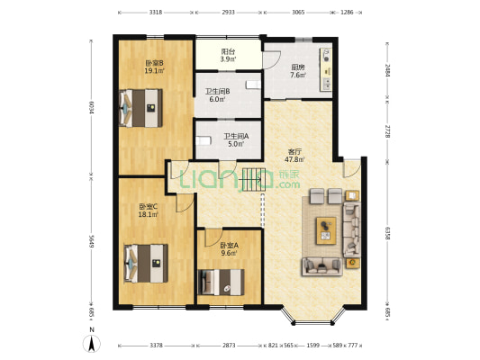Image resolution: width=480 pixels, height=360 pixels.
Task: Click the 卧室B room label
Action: click(154, 67)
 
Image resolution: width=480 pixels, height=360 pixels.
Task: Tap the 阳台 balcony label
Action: click(228, 55)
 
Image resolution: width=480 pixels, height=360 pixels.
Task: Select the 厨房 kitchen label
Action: click(298, 71)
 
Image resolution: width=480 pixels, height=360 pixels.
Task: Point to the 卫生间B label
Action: click(217, 95)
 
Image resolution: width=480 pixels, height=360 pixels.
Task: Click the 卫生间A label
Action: click(236, 139)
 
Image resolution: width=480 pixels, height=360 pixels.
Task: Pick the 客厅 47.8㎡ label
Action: click(294, 156)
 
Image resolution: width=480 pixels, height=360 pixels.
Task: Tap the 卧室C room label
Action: click(149, 211)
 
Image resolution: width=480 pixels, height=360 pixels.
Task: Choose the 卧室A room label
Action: click(230, 249)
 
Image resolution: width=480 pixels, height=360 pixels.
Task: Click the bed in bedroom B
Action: click(140, 108)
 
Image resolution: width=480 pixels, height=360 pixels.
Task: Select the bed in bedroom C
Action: click(146, 263)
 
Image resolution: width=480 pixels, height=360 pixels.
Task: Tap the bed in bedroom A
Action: click(221, 282)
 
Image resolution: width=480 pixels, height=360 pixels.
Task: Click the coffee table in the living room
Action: click(326, 230)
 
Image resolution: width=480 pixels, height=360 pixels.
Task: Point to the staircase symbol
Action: click(253, 179)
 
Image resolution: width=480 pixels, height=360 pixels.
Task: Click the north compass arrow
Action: click(92, 344)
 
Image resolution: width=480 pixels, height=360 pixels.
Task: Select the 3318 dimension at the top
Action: click(156, 13)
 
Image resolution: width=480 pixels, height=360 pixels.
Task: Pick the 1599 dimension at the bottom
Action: click(312, 346)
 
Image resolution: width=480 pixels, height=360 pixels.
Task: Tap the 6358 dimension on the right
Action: click(387, 233)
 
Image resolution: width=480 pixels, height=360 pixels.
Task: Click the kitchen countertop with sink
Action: click(326, 69)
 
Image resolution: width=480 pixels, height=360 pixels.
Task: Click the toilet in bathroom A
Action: click(204, 141)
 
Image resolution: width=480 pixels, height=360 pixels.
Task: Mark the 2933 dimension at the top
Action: click(228, 13)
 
